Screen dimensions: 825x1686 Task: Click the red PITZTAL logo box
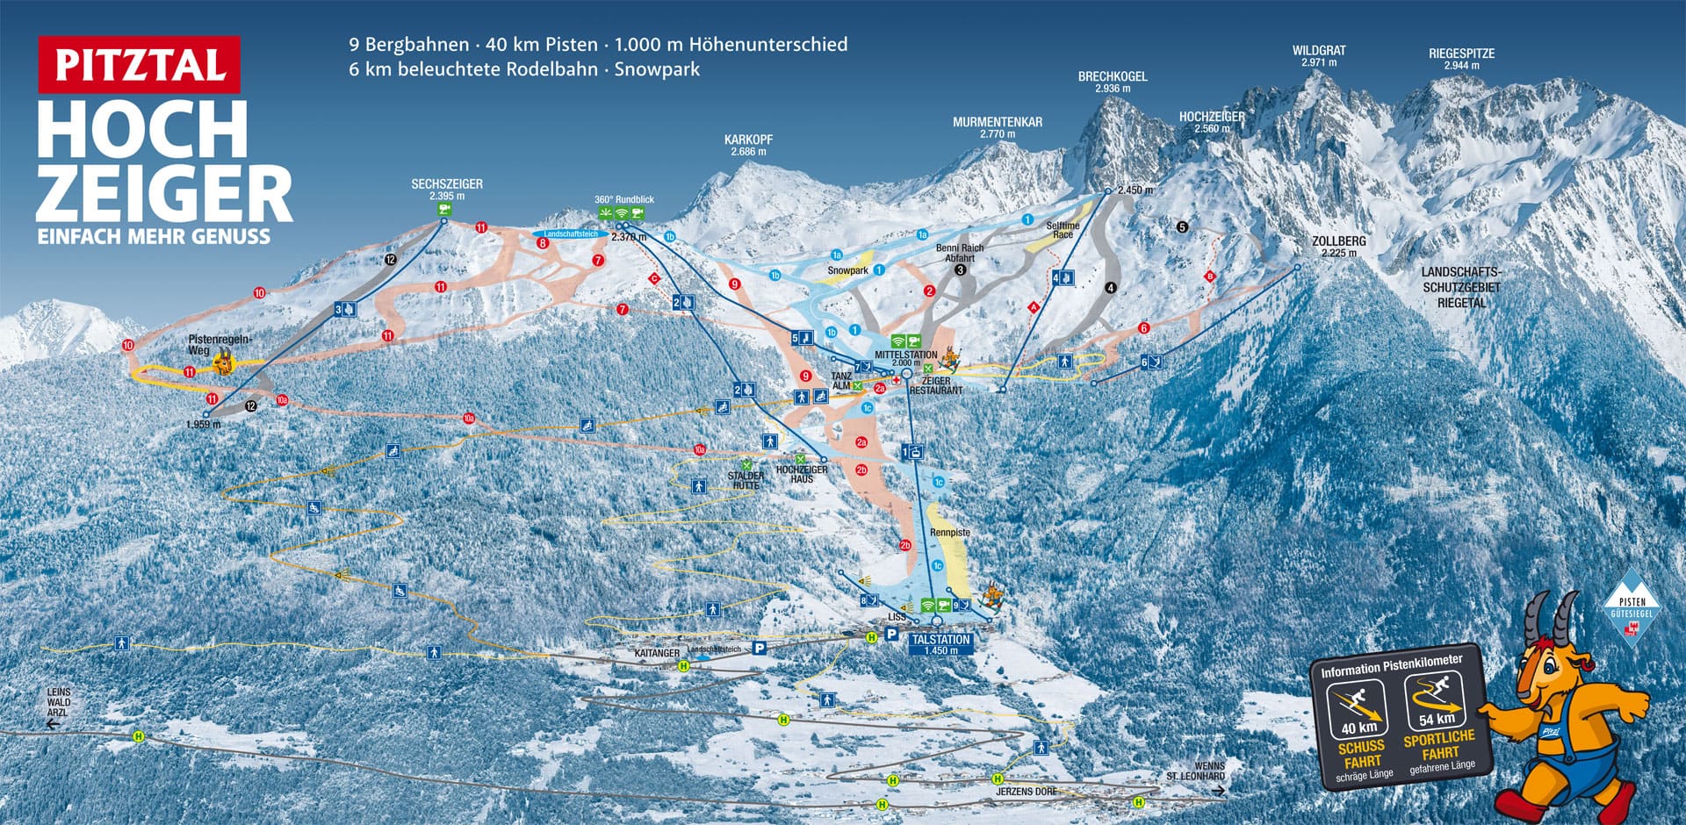(x=139, y=65)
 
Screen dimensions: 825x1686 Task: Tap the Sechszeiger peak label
(x=447, y=190)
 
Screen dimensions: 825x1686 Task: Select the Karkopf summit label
(x=748, y=145)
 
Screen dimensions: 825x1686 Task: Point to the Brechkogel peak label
(x=1113, y=82)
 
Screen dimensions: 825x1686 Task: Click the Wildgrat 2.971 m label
(x=1319, y=56)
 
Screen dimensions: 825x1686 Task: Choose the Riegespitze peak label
(x=1461, y=59)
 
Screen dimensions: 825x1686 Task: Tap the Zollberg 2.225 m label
(x=1339, y=246)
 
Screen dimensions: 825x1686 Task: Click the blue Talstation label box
(x=940, y=644)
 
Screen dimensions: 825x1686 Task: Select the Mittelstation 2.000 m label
(x=905, y=358)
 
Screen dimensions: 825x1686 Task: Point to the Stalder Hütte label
(x=746, y=480)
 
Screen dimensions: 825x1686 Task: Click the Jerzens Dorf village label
(x=1027, y=792)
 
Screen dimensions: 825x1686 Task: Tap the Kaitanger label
(x=657, y=654)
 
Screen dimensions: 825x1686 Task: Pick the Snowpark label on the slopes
(x=847, y=270)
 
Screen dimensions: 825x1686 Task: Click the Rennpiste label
(x=950, y=533)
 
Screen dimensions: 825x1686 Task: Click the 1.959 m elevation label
(x=204, y=425)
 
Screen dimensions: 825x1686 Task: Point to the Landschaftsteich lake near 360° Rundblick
(x=571, y=234)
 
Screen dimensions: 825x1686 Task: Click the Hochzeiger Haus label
(x=801, y=474)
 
